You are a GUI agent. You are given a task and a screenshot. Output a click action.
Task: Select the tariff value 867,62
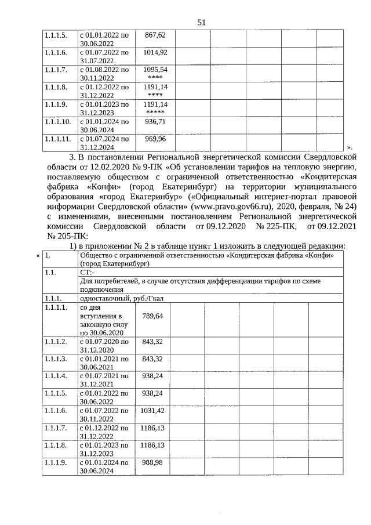tap(155, 35)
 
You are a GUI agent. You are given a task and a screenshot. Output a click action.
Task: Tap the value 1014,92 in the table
tap(154, 53)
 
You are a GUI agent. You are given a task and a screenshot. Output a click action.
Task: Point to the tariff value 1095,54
tap(154, 70)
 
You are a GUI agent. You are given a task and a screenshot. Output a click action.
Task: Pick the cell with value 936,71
tap(155, 122)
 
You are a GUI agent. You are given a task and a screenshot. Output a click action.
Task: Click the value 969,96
tap(155, 139)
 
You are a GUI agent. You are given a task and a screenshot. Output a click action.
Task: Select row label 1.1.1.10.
tap(57, 122)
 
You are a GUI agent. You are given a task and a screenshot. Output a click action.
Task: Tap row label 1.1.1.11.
tap(57, 139)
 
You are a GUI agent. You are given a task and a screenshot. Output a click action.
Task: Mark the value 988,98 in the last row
tap(152, 462)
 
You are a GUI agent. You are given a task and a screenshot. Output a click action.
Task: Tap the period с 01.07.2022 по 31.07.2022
tap(104, 56)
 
